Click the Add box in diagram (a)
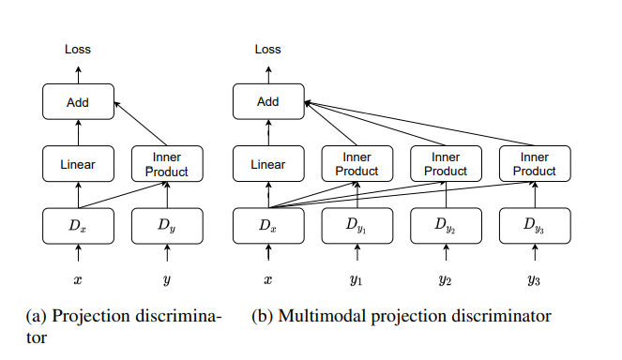click(x=79, y=101)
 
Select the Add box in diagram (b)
click(x=267, y=101)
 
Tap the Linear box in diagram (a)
click(x=79, y=164)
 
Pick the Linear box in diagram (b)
click(x=267, y=164)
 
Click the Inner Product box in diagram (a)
click(x=167, y=164)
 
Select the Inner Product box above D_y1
click(x=357, y=164)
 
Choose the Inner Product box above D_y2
click(x=446, y=164)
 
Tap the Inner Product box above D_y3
click(x=534, y=164)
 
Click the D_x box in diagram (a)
click(x=79, y=226)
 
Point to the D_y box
click(x=167, y=226)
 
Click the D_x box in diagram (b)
click(x=267, y=226)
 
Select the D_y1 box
click(x=357, y=226)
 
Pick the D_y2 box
click(x=446, y=226)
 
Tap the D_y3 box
click(x=534, y=226)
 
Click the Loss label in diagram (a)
click(x=79, y=49)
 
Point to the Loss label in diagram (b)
click(x=267, y=49)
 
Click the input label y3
click(x=534, y=279)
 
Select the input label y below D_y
click(x=167, y=279)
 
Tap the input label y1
click(x=357, y=279)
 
